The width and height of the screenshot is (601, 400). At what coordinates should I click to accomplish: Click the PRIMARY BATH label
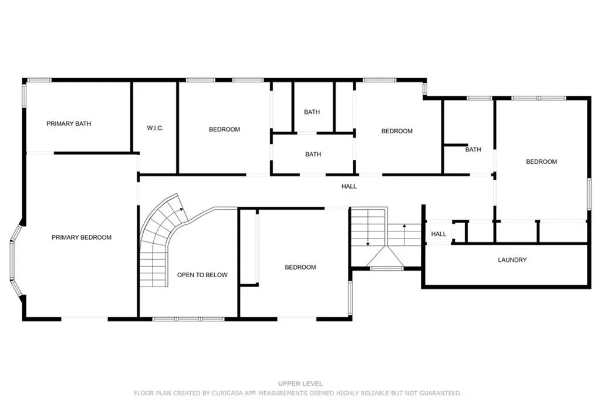pyautogui.click(x=69, y=124)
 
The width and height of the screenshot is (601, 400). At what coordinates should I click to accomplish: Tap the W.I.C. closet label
pyautogui.click(x=154, y=128)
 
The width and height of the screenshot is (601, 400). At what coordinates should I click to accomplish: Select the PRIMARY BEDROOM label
pyautogui.click(x=82, y=237)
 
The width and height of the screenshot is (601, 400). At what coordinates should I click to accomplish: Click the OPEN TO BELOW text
pyautogui.click(x=202, y=275)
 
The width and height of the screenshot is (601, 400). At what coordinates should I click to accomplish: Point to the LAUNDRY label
pyautogui.click(x=512, y=260)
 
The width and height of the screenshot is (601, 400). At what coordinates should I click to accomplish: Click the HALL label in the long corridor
pyautogui.click(x=349, y=186)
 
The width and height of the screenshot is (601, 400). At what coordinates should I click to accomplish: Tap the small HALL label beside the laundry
pyautogui.click(x=438, y=234)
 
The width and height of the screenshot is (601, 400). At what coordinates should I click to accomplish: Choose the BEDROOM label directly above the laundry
pyautogui.click(x=541, y=162)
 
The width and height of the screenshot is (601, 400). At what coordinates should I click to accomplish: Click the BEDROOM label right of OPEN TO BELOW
pyautogui.click(x=300, y=267)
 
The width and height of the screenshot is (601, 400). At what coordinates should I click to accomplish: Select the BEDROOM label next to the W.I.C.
pyautogui.click(x=224, y=129)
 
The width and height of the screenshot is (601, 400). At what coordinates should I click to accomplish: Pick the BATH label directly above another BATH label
pyautogui.click(x=312, y=112)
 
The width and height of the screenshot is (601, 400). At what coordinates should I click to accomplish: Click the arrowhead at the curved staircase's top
pyautogui.click(x=182, y=208)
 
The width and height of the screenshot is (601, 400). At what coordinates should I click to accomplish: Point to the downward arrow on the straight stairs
pyautogui.click(x=367, y=241)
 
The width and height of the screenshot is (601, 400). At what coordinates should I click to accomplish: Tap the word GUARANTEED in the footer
pyautogui.click(x=440, y=393)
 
